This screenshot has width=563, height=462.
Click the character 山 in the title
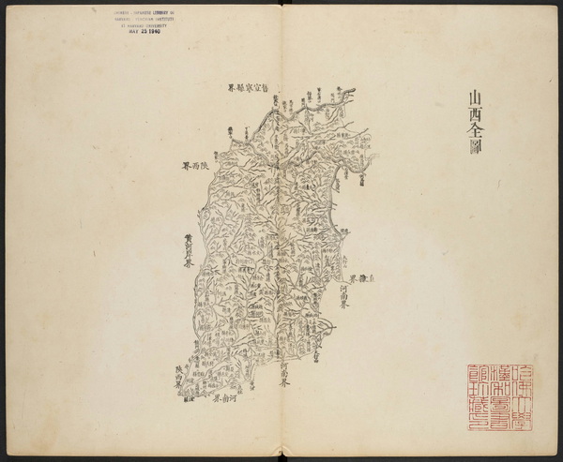pos(475,97)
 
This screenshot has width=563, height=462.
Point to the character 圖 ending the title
pos(475,153)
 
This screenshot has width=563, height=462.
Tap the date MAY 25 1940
pos(140,31)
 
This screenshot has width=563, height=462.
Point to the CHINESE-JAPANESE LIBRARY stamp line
pos(140,11)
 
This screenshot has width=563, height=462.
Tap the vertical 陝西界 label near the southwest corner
pos(179,377)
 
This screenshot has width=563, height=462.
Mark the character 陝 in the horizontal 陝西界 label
pos(206,166)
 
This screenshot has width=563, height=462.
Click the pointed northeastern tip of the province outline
pos(354,89)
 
